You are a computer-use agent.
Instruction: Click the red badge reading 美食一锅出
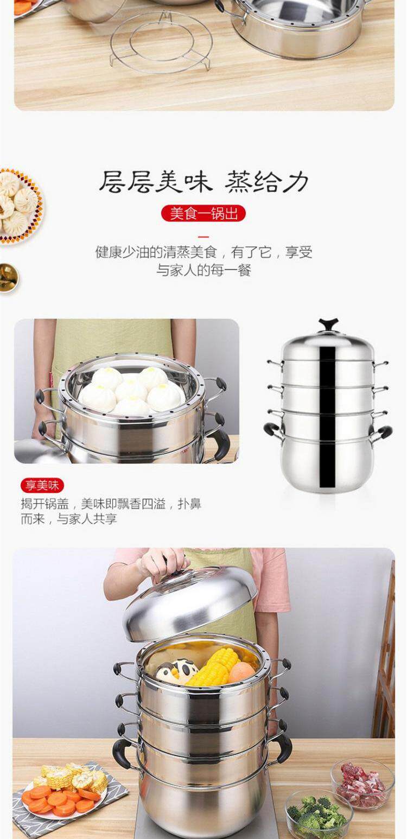click(x=203, y=213)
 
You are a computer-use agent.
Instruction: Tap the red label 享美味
click(x=42, y=485)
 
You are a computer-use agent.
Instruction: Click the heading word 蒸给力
click(x=267, y=182)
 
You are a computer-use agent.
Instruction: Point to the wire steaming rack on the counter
click(x=161, y=43)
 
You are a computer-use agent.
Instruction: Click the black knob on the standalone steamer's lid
click(x=328, y=325)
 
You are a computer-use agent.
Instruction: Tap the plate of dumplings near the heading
click(x=18, y=206)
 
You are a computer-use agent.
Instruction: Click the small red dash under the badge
click(x=203, y=237)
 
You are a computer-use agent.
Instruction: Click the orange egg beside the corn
click(x=241, y=672)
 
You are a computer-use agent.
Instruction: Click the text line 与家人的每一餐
click(x=203, y=270)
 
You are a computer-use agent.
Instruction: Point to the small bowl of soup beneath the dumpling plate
click(x=8, y=278)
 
